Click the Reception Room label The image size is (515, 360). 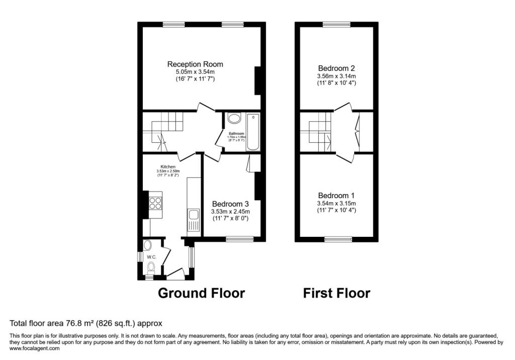pos(195,64)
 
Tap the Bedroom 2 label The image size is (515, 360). pos(336,68)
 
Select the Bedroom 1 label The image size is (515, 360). pos(336,196)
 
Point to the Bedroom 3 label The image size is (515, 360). pos(230,204)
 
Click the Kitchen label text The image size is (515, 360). pos(168,166)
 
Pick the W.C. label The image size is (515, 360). pos(152,257)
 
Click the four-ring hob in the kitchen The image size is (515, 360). pos(155,203)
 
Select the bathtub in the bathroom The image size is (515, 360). pos(253,133)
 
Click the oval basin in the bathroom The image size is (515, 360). pos(234,119)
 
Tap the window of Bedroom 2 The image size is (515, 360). pos(336,24)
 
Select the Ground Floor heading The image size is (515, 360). pos(201,293)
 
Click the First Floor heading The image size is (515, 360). pos(336,293)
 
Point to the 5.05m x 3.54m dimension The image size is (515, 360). pos(195,72)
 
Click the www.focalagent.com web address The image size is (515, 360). pos(34,348)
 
